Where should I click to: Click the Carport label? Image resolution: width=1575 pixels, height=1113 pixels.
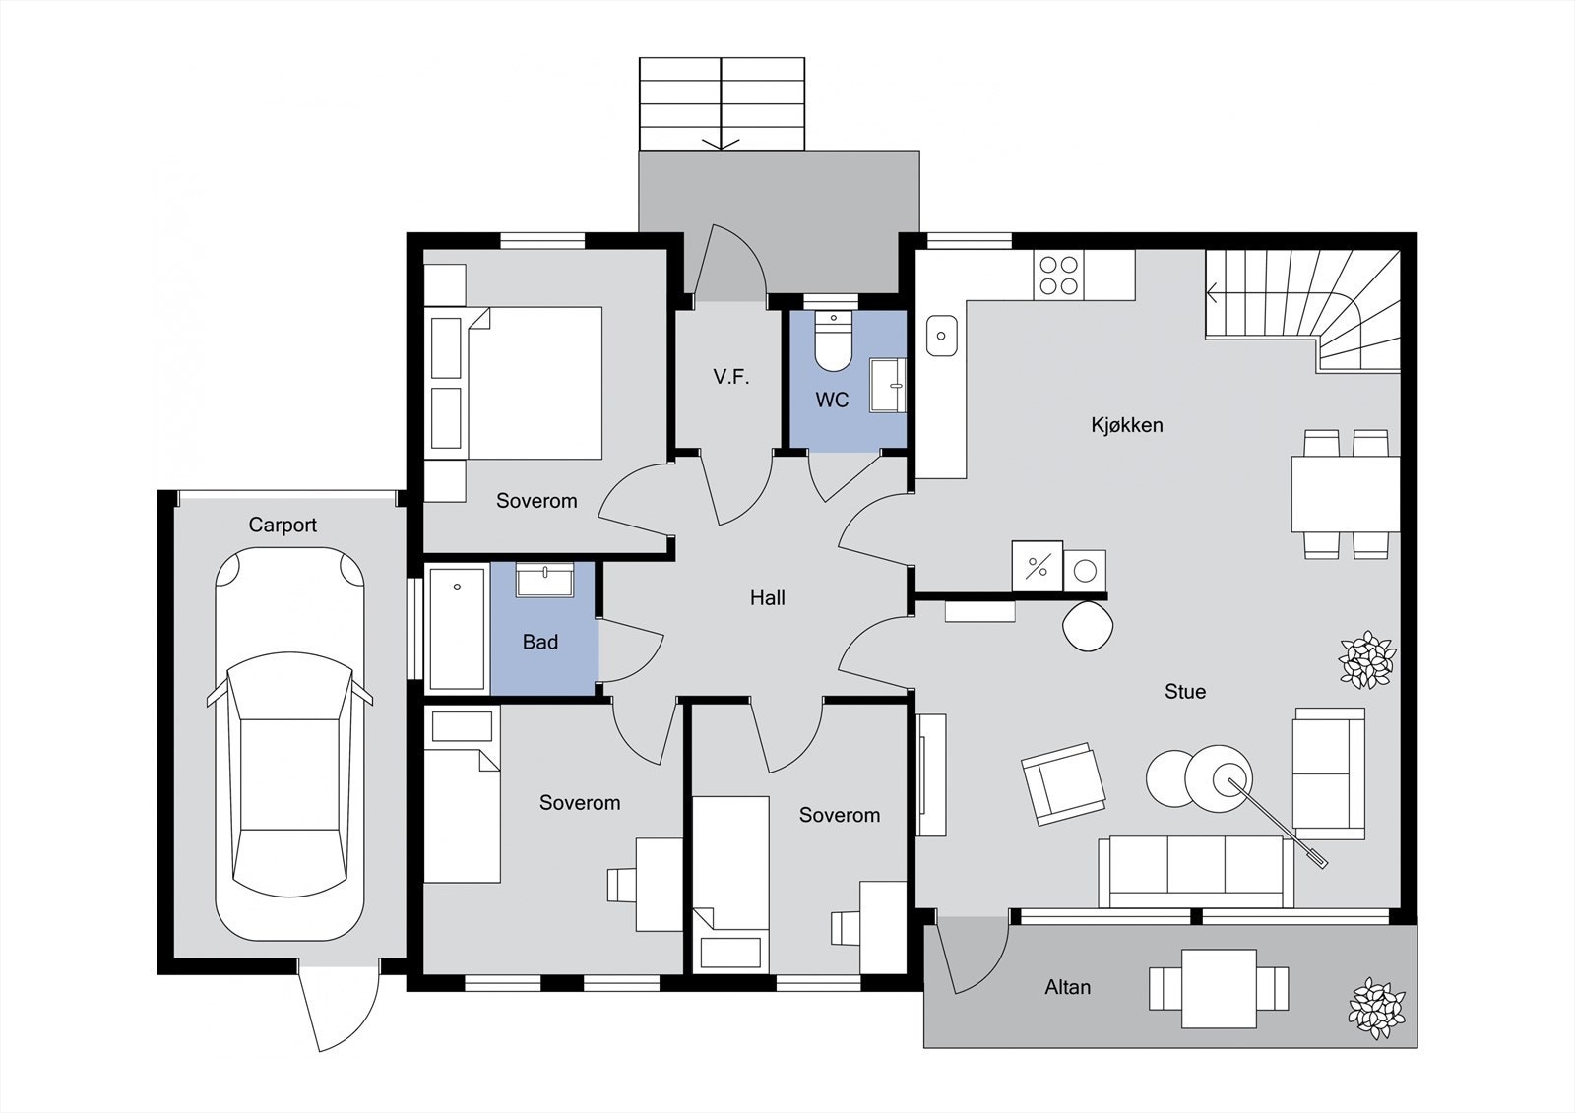(x=283, y=526)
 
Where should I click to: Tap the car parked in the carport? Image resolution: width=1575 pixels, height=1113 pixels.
(x=289, y=744)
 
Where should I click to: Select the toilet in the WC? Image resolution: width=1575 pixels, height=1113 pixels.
(x=833, y=341)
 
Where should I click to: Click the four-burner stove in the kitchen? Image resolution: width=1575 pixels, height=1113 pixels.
(x=1059, y=275)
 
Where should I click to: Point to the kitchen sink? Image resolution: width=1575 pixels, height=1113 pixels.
(x=941, y=336)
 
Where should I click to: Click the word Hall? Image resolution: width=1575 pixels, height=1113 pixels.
(x=767, y=598)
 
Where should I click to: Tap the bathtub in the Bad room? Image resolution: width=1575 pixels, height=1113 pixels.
(x=457, y=629)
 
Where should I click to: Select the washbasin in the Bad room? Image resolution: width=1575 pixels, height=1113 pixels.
(x=545, y=580)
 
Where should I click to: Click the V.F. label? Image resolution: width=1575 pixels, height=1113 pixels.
(x=731, y=378)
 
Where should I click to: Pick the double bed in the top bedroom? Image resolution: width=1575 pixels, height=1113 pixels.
(x=535, y=383)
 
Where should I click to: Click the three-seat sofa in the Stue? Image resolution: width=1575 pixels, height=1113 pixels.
(x=1196, y=872)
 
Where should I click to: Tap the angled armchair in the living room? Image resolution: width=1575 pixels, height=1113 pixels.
(x=1062, y=783)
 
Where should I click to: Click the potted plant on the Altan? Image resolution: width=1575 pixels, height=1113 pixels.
(x=1376, y=1009)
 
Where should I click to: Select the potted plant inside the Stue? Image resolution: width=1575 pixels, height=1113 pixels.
(x=1367, y=658)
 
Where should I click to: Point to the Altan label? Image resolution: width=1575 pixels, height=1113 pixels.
(x=1067, y=987)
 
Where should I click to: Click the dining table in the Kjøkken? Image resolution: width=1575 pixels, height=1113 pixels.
(x=1346, y=494)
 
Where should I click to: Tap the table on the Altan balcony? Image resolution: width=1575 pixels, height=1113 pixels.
(x=1220, y=988)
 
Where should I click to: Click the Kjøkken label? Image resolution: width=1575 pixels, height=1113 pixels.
(x=1126, y=425)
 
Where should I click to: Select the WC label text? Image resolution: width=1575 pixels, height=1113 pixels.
(x=832, y=401)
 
